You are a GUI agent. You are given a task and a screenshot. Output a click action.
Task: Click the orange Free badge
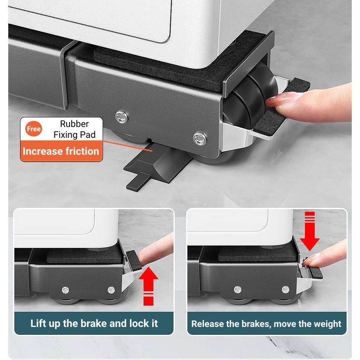tap(33, 129)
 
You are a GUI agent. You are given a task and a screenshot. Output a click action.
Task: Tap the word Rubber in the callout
tap(74, 124)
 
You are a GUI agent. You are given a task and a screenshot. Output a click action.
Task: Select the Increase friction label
tap(61, 151)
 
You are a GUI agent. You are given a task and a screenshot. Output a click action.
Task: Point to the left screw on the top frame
tap(121, 117)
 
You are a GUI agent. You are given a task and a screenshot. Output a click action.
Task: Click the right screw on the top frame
tap(200, 138)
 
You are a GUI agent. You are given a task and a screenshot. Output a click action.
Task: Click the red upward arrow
tap(148, 286)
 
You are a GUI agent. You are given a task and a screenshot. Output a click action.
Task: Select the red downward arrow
tap(310, 231)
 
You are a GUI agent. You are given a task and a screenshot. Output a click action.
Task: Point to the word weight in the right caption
tap(327, 324)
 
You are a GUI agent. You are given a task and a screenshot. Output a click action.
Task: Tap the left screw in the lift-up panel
tap(65, 290)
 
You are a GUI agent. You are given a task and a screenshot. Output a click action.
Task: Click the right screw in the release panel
tap(285, 290)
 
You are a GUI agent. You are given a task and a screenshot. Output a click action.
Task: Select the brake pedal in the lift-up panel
tap(134, 260)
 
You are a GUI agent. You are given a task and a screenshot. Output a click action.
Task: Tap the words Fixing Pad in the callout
tap(75, 134)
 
